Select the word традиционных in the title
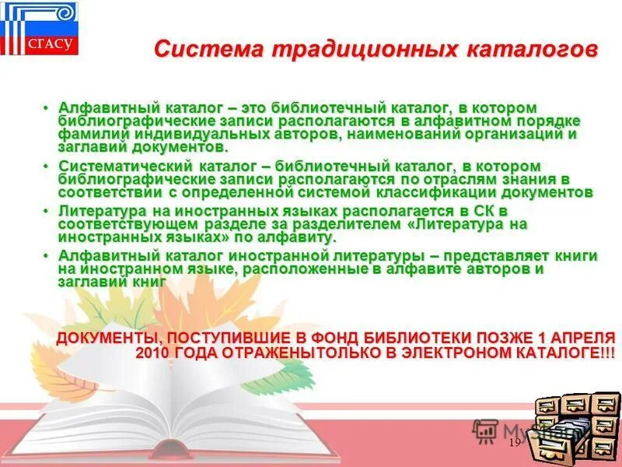tap(361, 49)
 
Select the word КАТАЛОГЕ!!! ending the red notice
tap(562, 353)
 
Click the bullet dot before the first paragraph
tap(47, 107)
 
